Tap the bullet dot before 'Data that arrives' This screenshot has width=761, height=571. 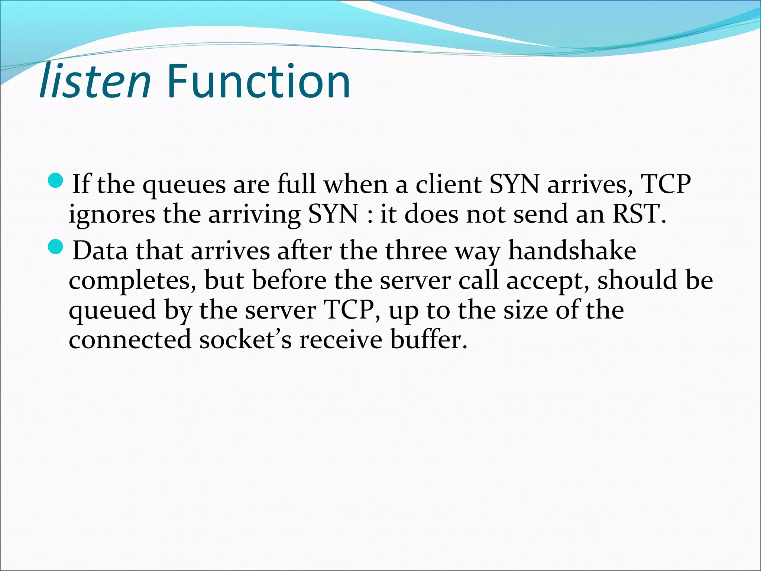56,247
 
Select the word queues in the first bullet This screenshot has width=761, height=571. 184,185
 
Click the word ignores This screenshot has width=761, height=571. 112,215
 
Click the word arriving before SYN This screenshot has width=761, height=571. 255,215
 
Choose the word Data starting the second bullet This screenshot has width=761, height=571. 100,251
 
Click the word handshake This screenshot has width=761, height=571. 572,251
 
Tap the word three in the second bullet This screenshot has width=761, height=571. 416,251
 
